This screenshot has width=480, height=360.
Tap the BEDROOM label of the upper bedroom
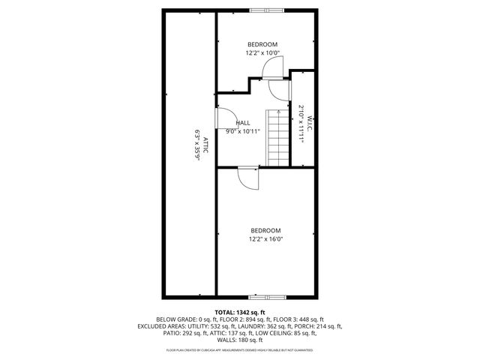[262, 44]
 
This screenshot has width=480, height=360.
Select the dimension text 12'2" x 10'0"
[262, 53]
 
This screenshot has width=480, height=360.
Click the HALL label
[243, 122]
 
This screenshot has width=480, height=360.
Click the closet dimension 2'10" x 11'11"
[301, 124]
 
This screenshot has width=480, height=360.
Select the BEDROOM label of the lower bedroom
[265, 230]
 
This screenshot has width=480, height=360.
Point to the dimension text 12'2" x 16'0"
[265, 239]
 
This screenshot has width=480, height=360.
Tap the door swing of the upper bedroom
[271, 67]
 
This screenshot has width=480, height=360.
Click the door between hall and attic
[223, 118]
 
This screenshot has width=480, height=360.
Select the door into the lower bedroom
[247, 177]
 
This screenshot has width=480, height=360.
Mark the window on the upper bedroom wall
[265, 10]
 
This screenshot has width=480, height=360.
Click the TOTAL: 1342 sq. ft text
[240, 312]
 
